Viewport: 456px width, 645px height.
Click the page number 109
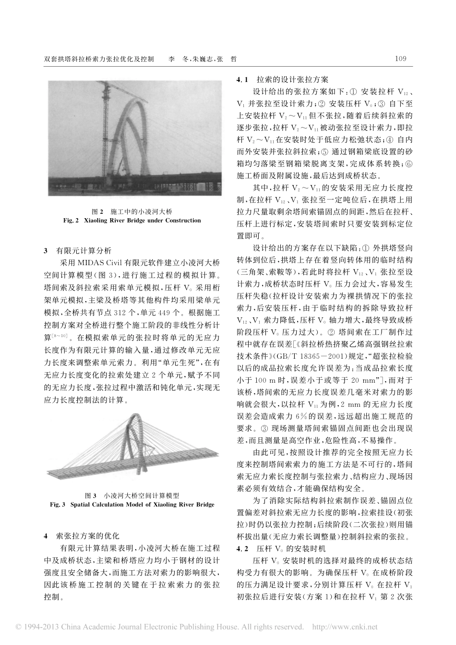coord(400,59)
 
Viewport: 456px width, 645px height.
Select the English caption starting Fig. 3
coord(132,504)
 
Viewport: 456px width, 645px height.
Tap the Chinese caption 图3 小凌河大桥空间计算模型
coord(132,495)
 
